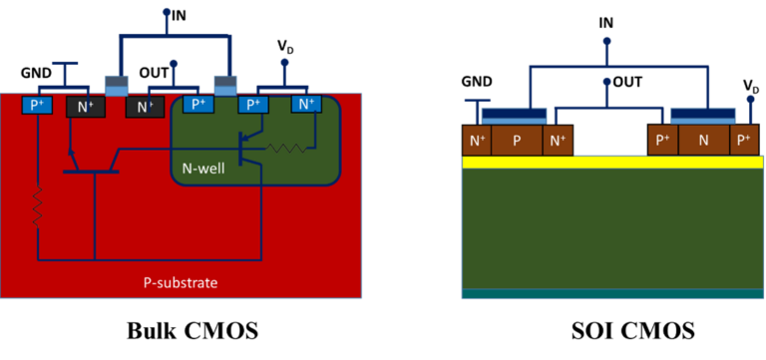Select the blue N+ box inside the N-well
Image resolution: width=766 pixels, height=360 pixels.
[x=306, y=104]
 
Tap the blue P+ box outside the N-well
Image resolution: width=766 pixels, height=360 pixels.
[x=37, y=104]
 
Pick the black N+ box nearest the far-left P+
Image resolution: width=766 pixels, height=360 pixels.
[x=84, y=106]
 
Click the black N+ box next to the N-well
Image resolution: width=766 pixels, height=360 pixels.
[x=145, y=106]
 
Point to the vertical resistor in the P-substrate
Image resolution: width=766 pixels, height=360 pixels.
[x=37, y=205]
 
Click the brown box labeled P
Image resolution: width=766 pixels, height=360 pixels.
[x=517, y=141]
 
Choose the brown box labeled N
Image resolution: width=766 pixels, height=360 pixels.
[x=703, y=141]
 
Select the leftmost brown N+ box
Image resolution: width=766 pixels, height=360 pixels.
[x=477, y=141]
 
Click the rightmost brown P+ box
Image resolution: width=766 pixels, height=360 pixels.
[x=744, y=141]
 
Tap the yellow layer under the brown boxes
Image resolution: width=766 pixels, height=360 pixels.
[x=611, y=162]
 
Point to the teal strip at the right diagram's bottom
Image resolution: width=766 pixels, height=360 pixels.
[x=611, y=293]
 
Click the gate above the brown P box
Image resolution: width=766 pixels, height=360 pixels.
[x=514, y=117]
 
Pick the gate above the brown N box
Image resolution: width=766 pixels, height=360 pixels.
[x=703, y=117]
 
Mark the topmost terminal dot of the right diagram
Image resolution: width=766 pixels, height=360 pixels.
[x=607, y=43]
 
